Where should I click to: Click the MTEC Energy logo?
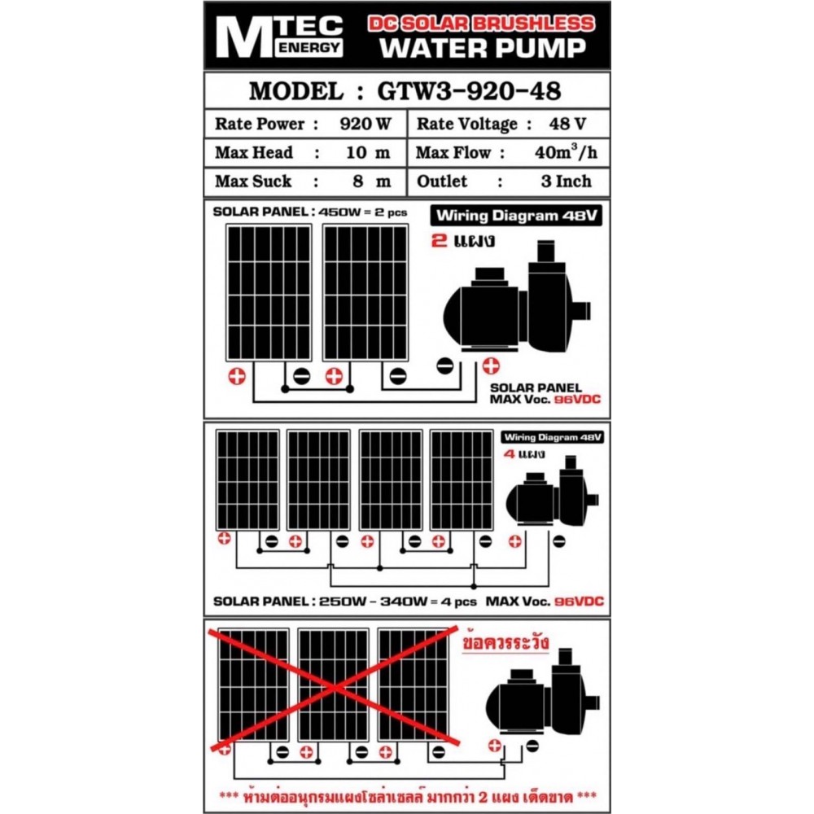(278, 37)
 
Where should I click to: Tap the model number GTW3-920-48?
(469, 91)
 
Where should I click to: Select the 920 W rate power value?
(365, 124)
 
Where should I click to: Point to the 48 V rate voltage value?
(567, 124)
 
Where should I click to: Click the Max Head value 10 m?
(368, 153)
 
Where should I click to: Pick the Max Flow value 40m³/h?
(566, 151)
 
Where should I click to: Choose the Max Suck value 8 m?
(372, 182)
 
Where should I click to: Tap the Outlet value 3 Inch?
(566, 182)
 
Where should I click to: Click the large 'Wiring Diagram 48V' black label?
(516, 216)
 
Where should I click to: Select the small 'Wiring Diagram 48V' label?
(553, 437)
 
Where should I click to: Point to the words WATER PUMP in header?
(483, 48)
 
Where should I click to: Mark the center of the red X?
(335, 689)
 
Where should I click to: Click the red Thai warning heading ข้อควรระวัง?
(505, 642)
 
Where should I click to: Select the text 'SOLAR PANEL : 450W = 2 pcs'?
(310, 212)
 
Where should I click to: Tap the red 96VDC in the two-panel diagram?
(577, 399)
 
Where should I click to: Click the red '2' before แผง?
(439, 241)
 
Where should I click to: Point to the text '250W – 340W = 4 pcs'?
(398, 602)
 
